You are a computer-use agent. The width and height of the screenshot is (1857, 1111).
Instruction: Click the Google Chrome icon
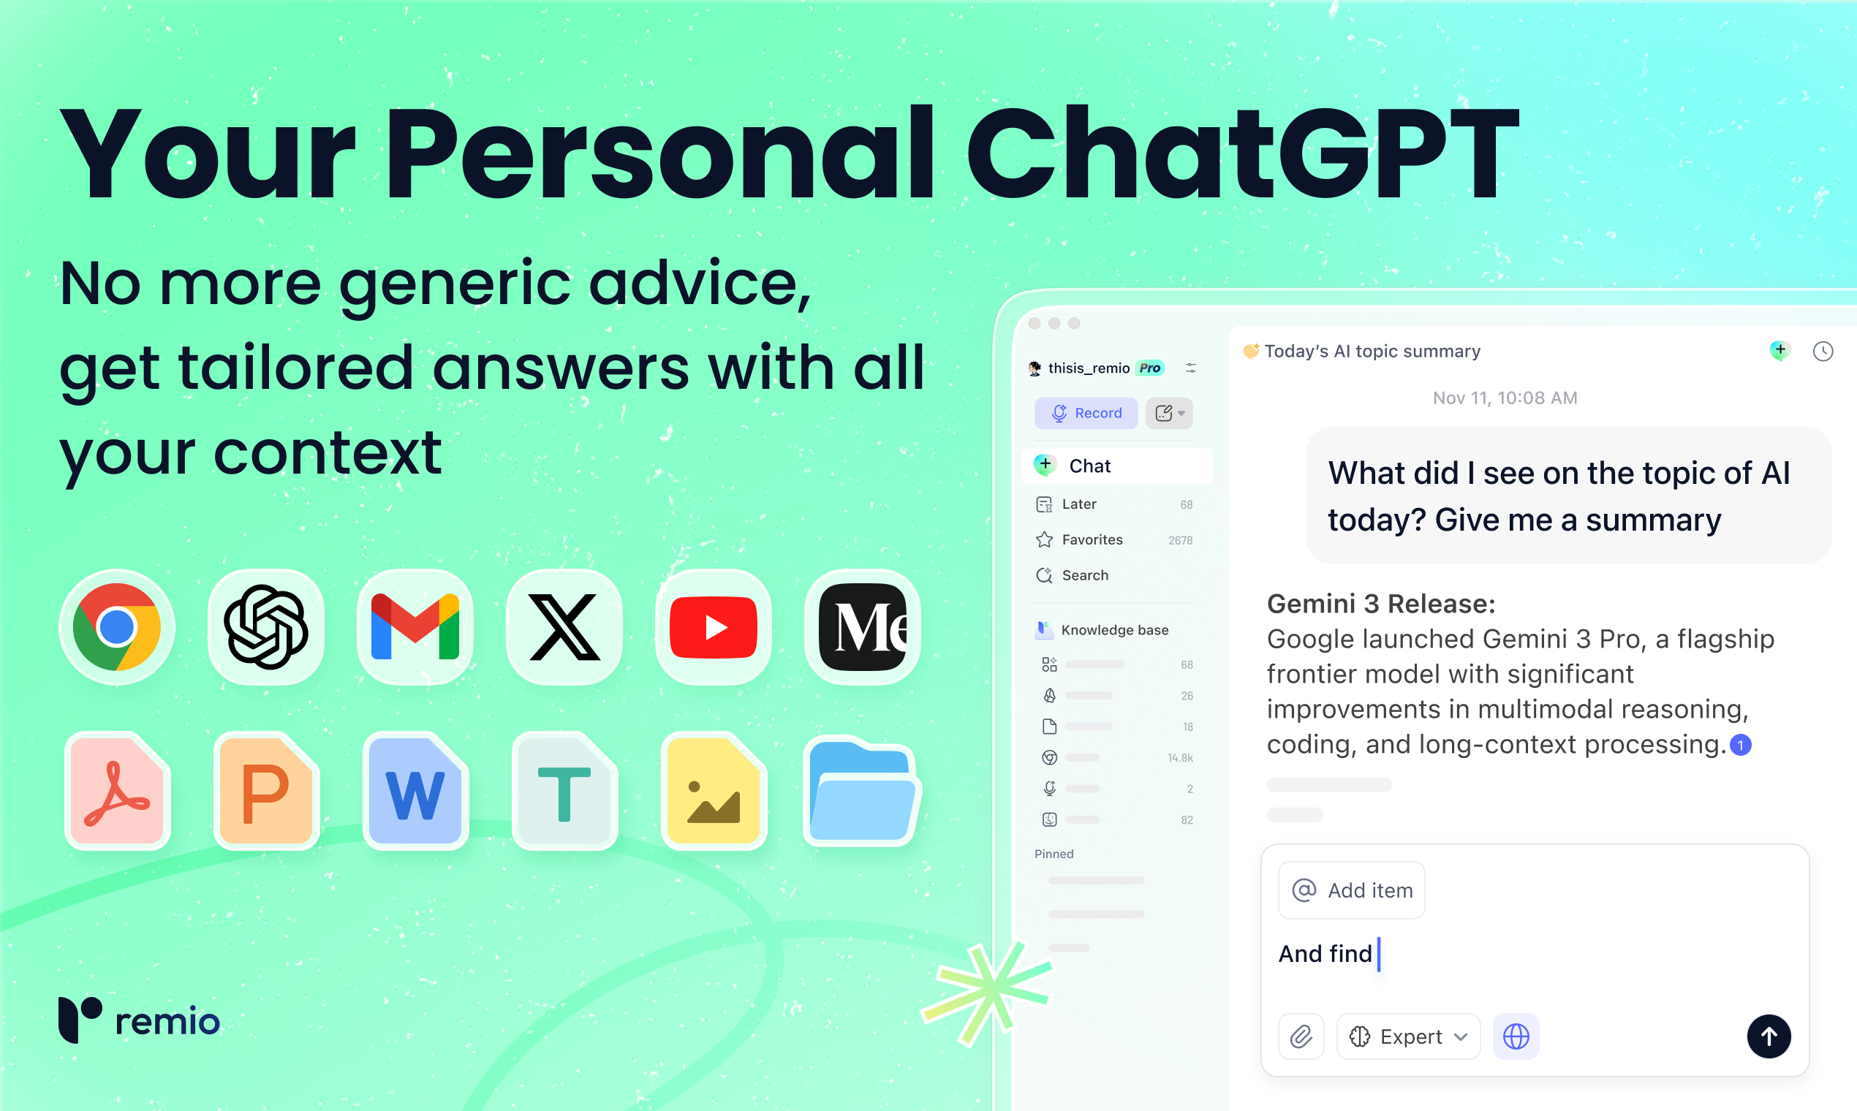116,627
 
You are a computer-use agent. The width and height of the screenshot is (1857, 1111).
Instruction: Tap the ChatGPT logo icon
266,627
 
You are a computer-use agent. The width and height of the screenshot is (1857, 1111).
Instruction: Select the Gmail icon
415,627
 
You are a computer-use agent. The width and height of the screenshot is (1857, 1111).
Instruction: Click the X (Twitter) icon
564,627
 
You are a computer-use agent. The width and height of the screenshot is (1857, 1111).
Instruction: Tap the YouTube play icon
713,627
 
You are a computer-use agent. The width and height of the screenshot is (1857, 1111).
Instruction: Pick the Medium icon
862,627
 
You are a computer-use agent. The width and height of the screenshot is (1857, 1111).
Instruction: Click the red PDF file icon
118,792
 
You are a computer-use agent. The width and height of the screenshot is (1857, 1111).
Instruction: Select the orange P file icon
267,792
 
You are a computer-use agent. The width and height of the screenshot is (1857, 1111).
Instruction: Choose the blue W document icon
415,792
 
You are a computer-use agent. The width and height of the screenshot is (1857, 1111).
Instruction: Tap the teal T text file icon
564,792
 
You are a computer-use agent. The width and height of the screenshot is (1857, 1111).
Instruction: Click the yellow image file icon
714,792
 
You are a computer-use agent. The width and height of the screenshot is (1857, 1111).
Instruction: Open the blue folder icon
862,792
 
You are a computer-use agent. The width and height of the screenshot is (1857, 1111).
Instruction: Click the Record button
1086,413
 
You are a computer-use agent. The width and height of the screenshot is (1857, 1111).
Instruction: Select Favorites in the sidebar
1092,539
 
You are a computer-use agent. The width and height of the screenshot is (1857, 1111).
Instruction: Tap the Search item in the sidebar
1084,575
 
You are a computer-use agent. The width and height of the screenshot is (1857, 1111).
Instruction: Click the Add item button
1352,890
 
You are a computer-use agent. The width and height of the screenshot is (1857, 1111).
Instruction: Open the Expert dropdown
1407,1037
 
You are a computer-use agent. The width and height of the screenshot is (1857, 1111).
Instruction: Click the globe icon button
1516,1037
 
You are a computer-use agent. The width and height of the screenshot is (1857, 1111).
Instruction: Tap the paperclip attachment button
1301,1037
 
